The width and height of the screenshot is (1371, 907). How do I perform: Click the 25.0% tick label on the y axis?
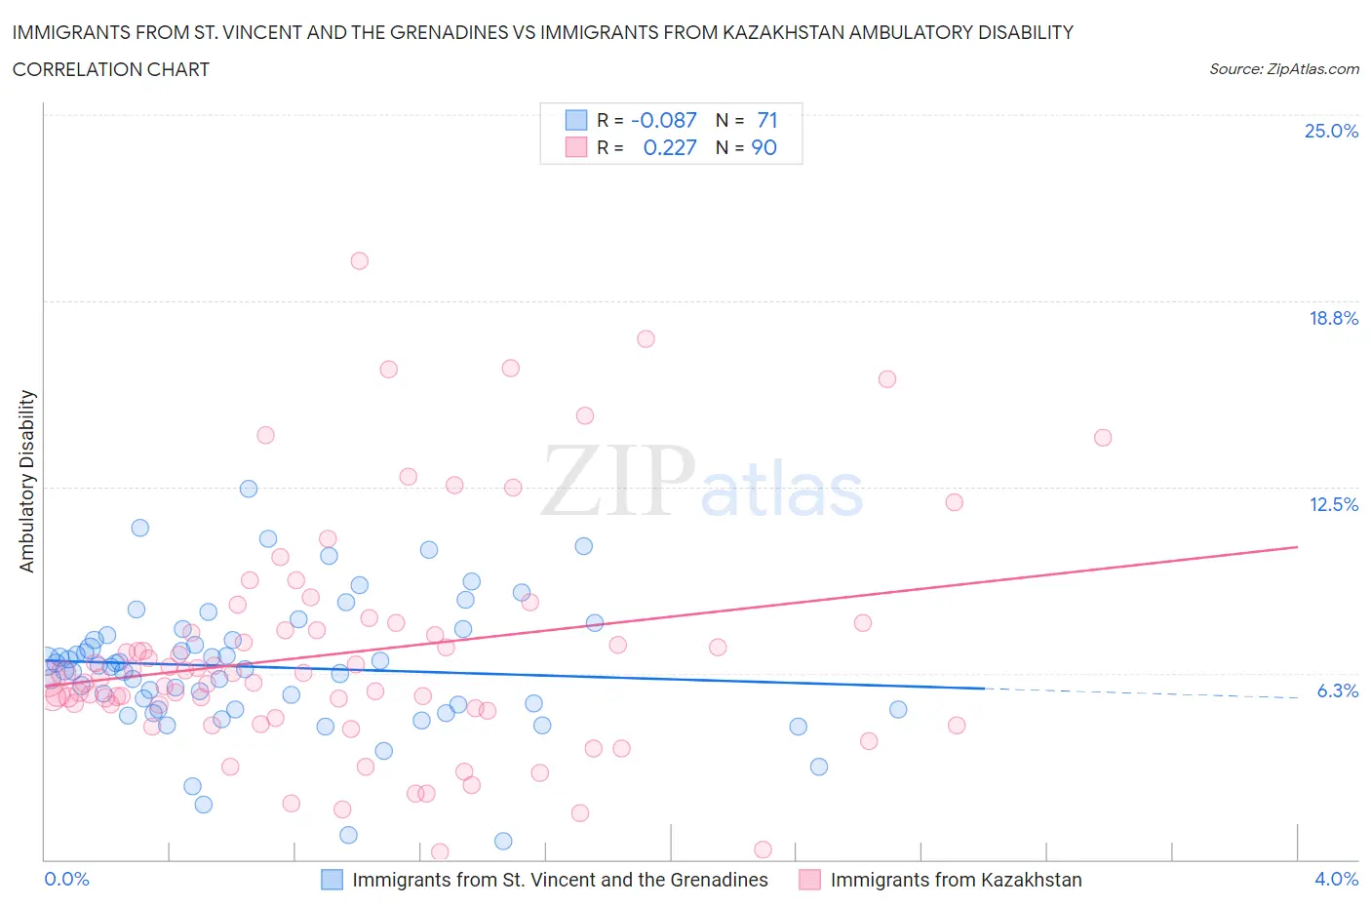click(1331, 131)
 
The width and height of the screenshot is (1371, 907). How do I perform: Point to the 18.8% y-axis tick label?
click(1333, 318)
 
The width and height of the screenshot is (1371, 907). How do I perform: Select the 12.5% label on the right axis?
click(1333, 504)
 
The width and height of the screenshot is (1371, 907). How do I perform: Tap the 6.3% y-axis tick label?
click(1337, 690)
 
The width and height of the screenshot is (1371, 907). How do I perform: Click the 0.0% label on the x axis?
click(66, 879)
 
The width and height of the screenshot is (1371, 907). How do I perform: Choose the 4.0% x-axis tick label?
click(1336, 879)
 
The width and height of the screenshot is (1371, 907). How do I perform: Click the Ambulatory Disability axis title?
click(27, 481)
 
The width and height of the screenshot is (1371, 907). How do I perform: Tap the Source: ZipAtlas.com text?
click(1283, 69)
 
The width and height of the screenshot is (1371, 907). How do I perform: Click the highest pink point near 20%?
click(359, 260)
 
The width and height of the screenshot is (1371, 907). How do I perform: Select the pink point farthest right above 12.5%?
click(1103, 437)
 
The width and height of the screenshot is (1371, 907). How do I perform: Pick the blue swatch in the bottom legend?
click(333, 880)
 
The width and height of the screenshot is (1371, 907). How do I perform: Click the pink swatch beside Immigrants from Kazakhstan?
click(809, 880)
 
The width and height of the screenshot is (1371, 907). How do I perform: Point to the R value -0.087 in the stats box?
click(664, 120)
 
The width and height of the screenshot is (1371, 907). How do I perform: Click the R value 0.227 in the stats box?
click(670, 147)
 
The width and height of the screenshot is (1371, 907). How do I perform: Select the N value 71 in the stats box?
click(767, 120)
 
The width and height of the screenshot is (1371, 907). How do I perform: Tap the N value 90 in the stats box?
click(764, 147)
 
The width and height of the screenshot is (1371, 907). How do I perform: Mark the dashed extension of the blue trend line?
click(1141, 693)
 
